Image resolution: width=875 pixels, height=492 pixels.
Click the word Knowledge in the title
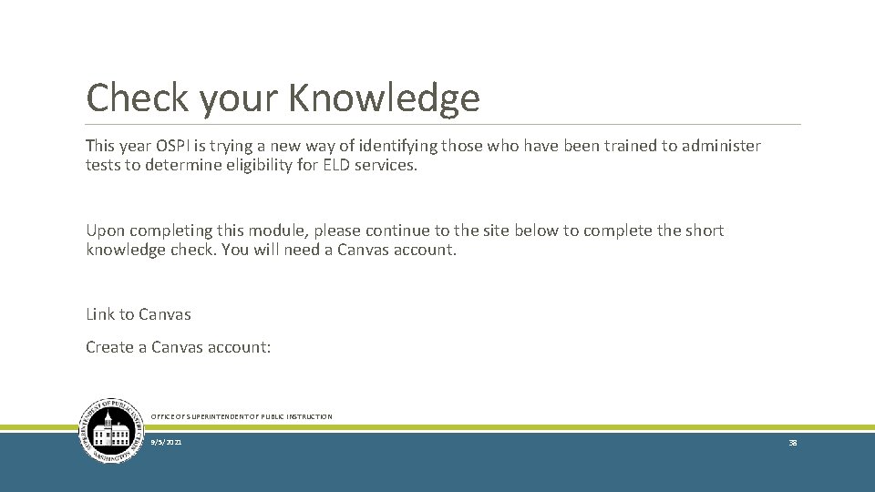pyautogui.click(x=384, y=98)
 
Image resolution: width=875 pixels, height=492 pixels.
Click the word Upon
pyautogui.click(x=104, y=231)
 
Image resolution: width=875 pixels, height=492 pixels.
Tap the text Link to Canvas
pyautogui.click(x=139, y=314)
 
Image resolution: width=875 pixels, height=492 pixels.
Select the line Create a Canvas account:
pyautogui.click(x=179, y=347)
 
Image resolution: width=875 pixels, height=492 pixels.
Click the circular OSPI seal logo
pyautogui.click(x=112, y=430)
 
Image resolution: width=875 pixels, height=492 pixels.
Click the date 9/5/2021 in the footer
pyautogui.click(x=167, y=443)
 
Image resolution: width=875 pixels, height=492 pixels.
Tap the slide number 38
pyautogui.click(x=792, y=443)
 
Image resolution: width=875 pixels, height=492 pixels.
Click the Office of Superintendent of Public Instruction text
pyautogui.click(x=242, y=416)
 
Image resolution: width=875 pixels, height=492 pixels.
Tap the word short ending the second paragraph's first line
pyautogui.click(x=703, y=231)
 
